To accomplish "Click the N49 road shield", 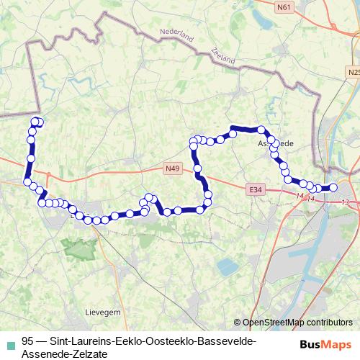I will click(x=171, y=169).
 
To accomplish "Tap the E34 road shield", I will click(x=253, y=189).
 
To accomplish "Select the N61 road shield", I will click(x=284, y=7).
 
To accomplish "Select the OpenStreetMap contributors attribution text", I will click(x=297, y=323).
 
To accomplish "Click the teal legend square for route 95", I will click(x=9, y=342).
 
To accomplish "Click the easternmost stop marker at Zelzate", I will click(x=333, y=188).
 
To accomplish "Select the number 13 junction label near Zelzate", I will click(x=346, y=202).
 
